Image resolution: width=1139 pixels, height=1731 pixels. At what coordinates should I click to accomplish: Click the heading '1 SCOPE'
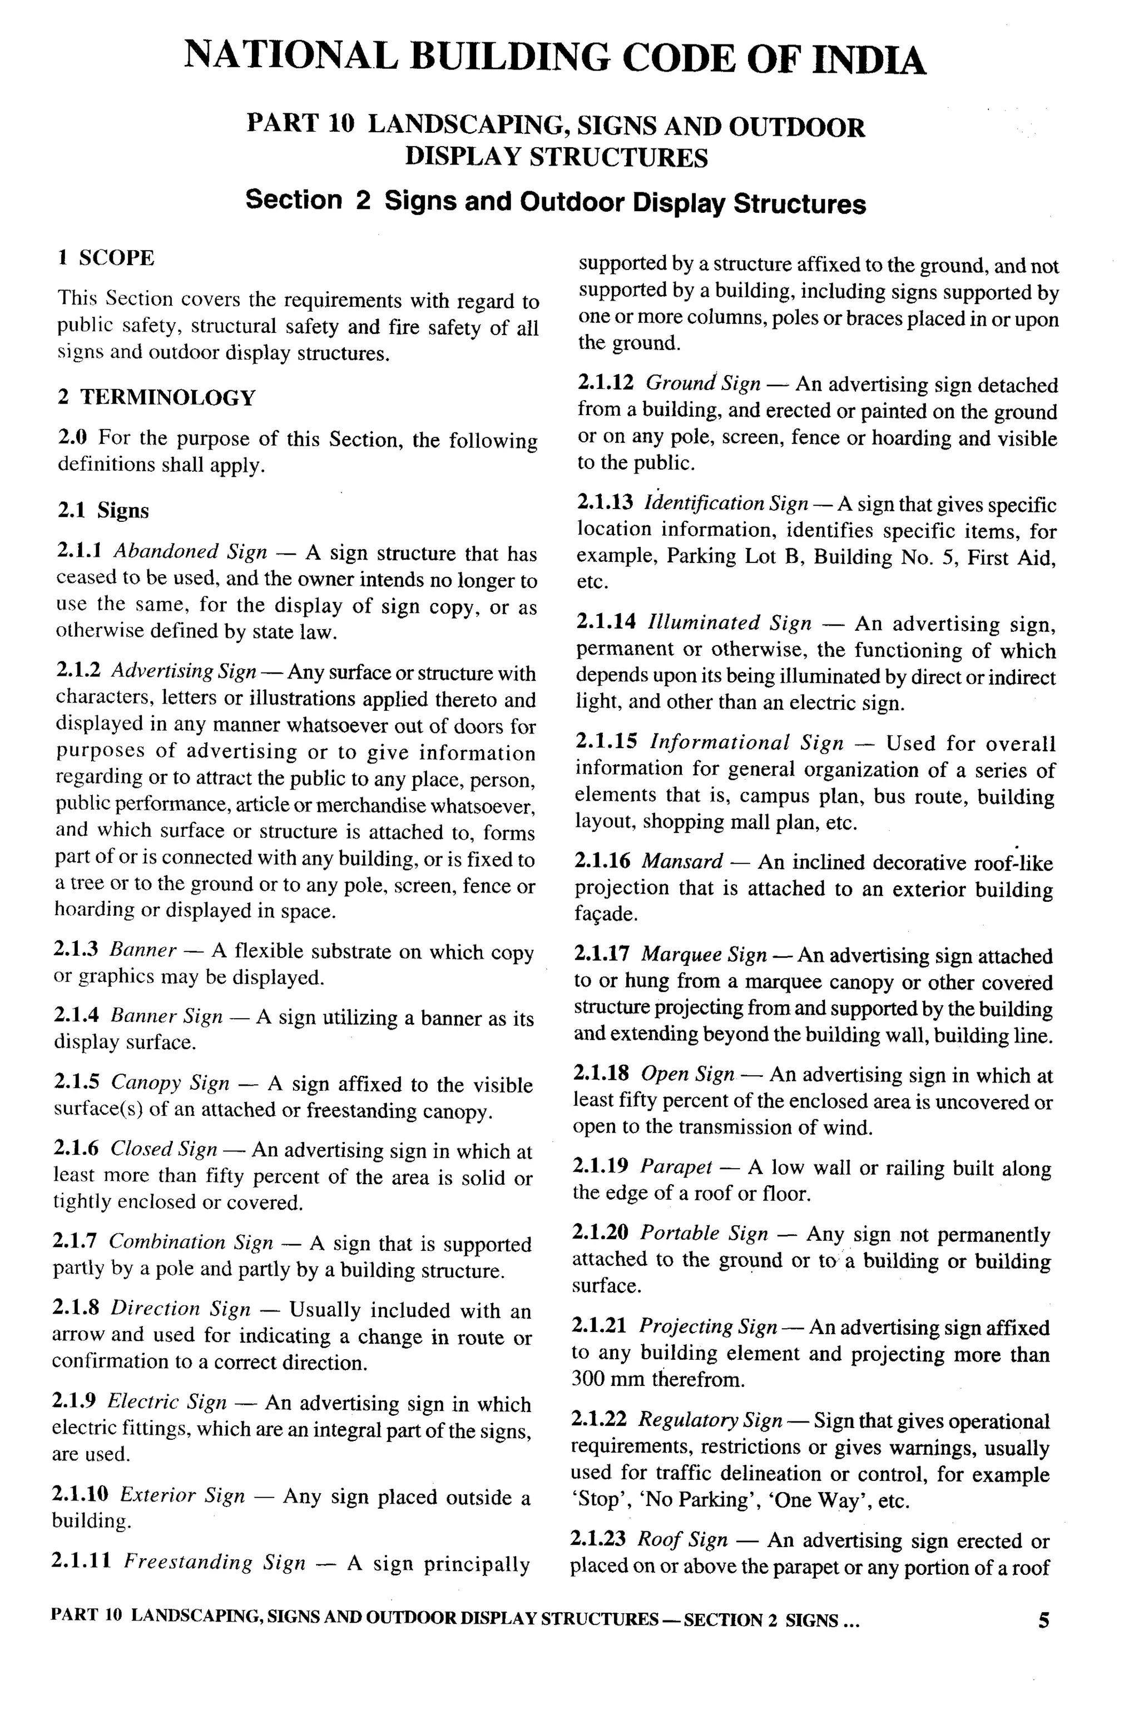(x=106, y=258)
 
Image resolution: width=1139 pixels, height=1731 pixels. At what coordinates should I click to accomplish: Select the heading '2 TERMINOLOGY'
(x=156, y=398)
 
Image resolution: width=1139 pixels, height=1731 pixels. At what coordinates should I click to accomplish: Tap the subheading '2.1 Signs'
(x=103, y=511)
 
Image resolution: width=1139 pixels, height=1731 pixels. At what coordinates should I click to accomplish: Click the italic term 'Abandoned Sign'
(x=190, y=552)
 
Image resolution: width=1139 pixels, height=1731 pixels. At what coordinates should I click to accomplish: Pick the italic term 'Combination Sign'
(x=191, y=1242)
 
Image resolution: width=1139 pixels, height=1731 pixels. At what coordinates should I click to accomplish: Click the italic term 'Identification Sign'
(x=726, y=503)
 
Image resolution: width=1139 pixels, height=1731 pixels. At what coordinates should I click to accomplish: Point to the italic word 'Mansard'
(x=682, y=862)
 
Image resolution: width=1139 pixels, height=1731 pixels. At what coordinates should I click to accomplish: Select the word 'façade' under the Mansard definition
(x=606, y=914)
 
